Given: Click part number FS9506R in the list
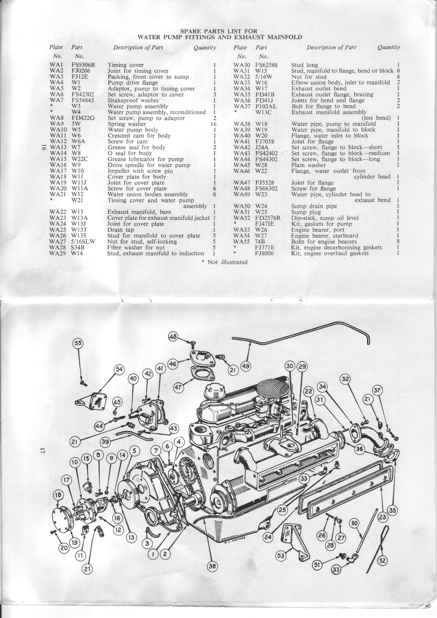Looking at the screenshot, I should point(83,65).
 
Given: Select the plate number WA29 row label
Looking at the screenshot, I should point(57,253).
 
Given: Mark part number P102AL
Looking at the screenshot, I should point(266,106).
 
